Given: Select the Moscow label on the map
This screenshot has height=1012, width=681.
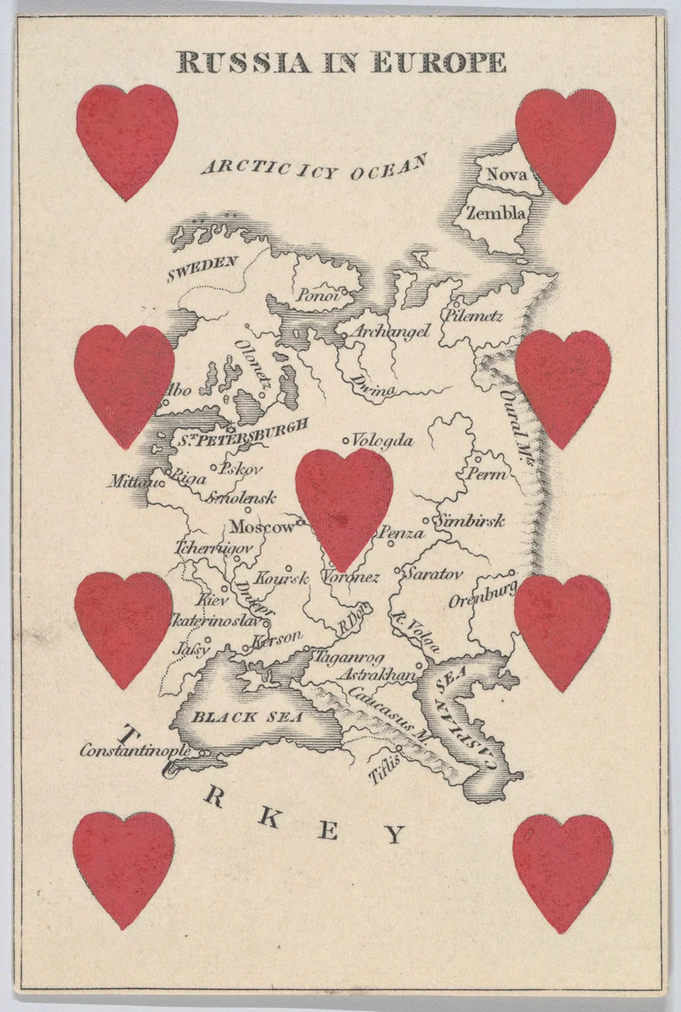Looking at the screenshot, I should [262, 527].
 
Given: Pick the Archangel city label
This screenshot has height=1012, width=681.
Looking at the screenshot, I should [391, 331].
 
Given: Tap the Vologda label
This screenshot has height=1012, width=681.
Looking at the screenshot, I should [382, 441].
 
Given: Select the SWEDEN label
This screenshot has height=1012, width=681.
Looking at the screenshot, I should [202, 267].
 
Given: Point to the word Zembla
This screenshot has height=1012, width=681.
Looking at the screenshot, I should [495, 213].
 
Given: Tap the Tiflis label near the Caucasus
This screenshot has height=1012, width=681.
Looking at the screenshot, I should [383, 767].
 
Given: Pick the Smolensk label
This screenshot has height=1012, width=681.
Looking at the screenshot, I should [241, 497].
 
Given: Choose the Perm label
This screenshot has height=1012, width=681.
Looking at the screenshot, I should [488, 474].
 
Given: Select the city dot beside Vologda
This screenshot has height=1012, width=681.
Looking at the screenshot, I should [345, 440].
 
